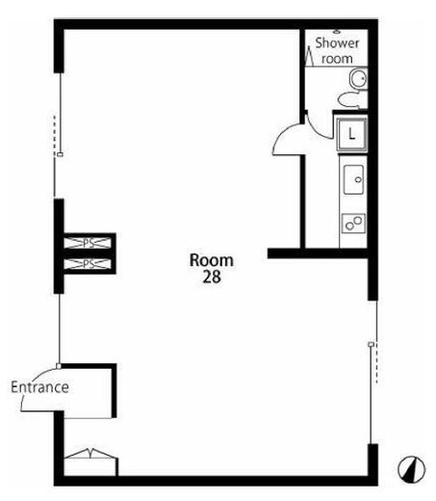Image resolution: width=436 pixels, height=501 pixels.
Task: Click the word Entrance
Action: [39, 387]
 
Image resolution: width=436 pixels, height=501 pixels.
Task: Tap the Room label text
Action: [212, 260]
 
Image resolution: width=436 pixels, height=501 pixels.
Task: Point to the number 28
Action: [212, 277]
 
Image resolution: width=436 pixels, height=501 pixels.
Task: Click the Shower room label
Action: [337, 51]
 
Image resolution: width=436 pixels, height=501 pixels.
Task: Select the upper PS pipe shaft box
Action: [88, 243]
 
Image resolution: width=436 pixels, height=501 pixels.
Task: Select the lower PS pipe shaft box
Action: [88, 264]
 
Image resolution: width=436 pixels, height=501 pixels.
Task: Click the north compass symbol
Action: [412, 469]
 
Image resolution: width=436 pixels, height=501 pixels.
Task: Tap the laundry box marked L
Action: [351, 134]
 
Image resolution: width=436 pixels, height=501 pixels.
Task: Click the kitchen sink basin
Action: [353, 180]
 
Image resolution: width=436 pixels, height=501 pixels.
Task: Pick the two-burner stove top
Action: [353, 223]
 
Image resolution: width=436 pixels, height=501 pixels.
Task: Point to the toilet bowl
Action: [349, 99]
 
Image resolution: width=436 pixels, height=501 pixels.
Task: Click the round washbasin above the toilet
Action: [358, 79]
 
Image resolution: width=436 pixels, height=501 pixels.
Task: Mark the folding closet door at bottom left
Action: [91, 453]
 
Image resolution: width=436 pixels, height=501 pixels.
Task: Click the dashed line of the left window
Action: [55, 136]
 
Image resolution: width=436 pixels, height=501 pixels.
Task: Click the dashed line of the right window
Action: [376, 363]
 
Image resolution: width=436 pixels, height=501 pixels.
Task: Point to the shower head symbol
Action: [337, 32]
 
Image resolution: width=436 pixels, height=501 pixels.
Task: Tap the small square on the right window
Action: [371, 344]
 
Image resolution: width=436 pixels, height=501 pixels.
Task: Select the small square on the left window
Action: [60, 154]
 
